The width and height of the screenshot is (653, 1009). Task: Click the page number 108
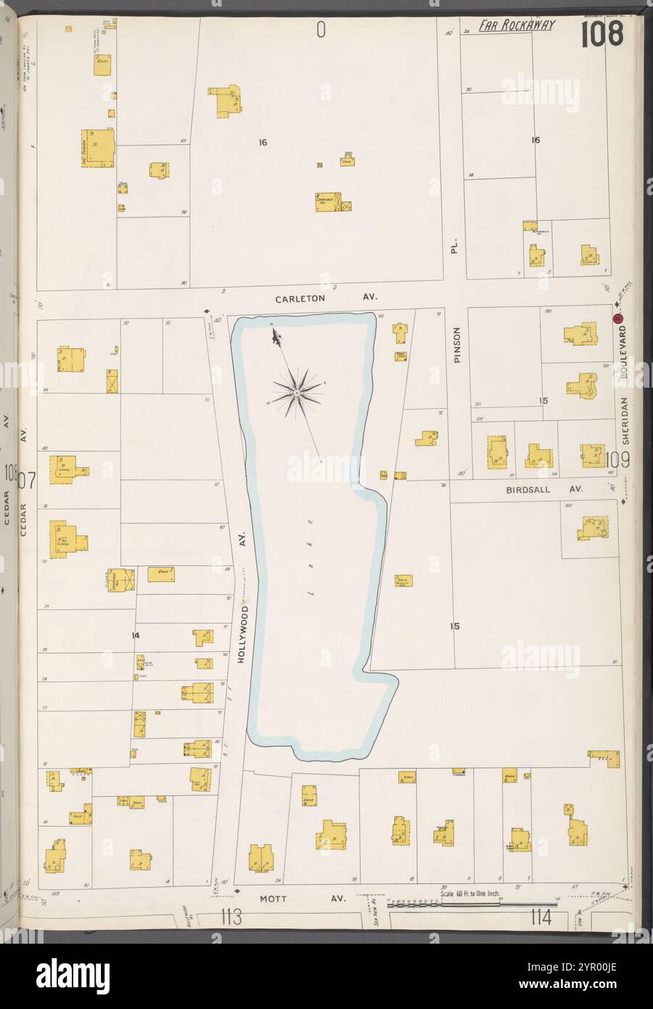601,33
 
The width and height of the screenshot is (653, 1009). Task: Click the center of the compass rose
297,393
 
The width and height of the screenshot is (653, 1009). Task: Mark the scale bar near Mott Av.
443,904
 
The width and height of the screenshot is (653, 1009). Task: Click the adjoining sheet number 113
231,918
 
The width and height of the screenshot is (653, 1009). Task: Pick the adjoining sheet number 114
541,918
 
